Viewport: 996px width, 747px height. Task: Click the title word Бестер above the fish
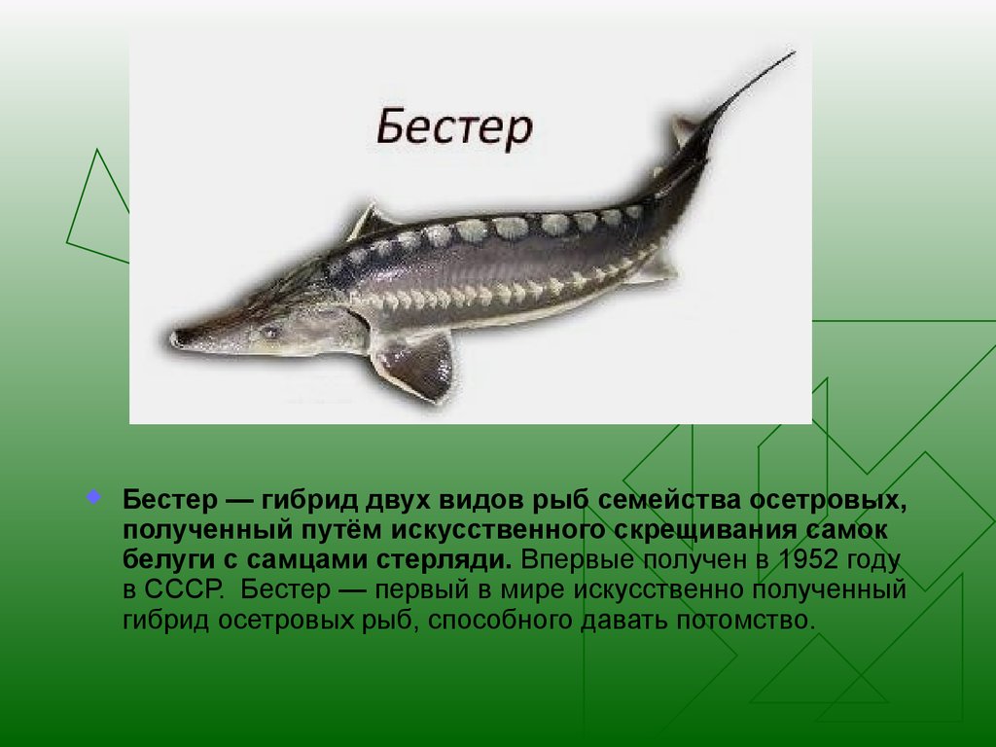pyautogui.click(x=454, y=127)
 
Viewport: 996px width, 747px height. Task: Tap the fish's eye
pyautogui.click(x=269, y=332)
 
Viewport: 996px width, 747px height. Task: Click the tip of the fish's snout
pyautogui.click(x=174, y=338)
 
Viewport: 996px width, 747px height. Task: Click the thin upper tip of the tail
pyautogui.click(x=794, y=53)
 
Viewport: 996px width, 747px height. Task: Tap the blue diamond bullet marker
pyautogui.click(x=93, y=497)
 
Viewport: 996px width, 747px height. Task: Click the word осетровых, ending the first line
pyautogui.click(x=829, y=501)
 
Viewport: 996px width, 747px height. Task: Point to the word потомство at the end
pyautogui.click(x=745, y=620)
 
